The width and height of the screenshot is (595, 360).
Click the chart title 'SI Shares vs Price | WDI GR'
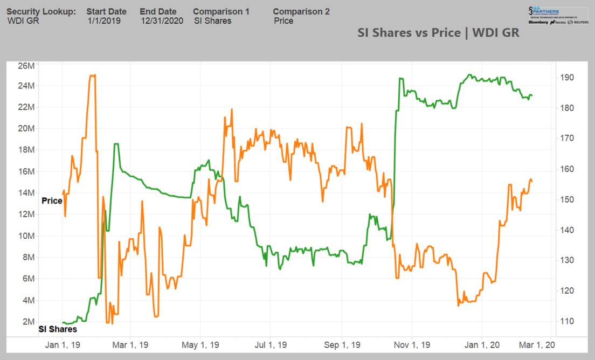[x=438, y=32]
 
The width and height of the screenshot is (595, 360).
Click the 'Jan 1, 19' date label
[x=63, y=345]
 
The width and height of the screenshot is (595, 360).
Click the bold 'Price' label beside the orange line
[x=52, y=200]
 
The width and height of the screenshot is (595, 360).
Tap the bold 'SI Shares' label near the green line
[x=58, y=329]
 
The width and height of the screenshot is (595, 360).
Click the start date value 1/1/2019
[x=104, y=21]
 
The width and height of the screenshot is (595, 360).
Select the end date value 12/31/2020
[x=162, y=21]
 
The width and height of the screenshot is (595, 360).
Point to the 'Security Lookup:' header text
[x=41, y=11]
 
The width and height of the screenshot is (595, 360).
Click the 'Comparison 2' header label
[x=301, y=11]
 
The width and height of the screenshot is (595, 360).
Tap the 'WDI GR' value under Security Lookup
[x=23, y=21]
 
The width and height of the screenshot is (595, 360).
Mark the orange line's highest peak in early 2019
[x=92, y=75]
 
